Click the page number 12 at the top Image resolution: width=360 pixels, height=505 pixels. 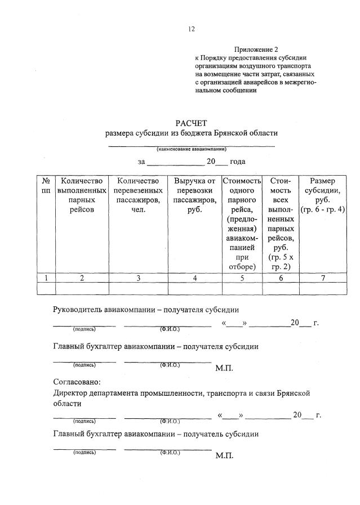click(x=192, y=29)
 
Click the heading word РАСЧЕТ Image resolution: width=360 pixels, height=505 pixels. click(x=192, y=122)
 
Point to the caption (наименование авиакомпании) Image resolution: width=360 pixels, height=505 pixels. click(x=192, y=149)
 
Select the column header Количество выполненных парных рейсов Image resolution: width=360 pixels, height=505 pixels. click(x=82, y=195)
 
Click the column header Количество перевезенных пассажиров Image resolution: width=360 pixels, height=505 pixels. click(x=138, y=195)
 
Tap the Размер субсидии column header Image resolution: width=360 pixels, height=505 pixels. click(x=323, y=195)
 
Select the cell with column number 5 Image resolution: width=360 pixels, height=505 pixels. click(x=242, y=277)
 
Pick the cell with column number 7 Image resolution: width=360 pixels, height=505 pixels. click(x=323, y=277)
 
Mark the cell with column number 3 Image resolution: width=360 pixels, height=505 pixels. click(x=138, y=277)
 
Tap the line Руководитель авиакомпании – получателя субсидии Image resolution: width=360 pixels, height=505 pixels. click(x=146, y=310)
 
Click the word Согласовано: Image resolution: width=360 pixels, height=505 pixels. click(x=77, y=382)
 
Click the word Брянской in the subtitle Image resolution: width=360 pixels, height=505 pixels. click(x=232, y=133)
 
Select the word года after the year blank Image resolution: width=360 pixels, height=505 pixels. click(x=237, y=162)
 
